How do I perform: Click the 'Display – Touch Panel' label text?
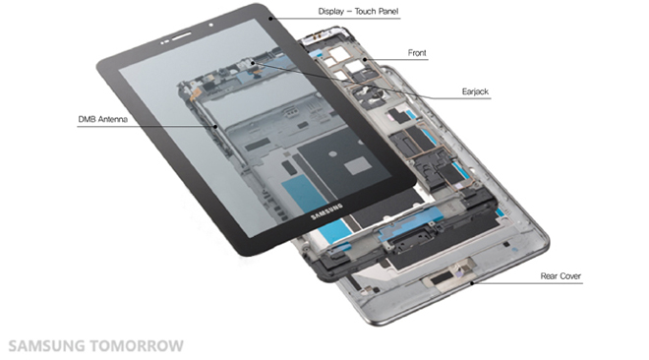(358, 12)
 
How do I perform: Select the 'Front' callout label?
(417, 53)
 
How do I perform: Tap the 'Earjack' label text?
(475, 91)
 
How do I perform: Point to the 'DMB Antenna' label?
(102, 119)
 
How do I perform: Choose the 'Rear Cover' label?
(560, 276)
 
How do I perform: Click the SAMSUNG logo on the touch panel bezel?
(327, 211)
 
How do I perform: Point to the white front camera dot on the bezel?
(211, 26)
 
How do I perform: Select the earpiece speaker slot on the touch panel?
(182, 36)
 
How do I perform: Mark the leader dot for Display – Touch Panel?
(270, 19)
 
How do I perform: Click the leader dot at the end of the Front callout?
(365, 60)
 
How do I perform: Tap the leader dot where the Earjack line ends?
(253, 63)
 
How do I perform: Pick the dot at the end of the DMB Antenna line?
(215, 126)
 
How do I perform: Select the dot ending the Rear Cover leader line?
(472, 283)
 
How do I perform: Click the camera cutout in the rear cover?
(446, 276)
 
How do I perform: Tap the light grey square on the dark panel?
(359, 165)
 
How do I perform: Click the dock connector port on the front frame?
(410, 243)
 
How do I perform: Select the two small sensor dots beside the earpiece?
(165, 42)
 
